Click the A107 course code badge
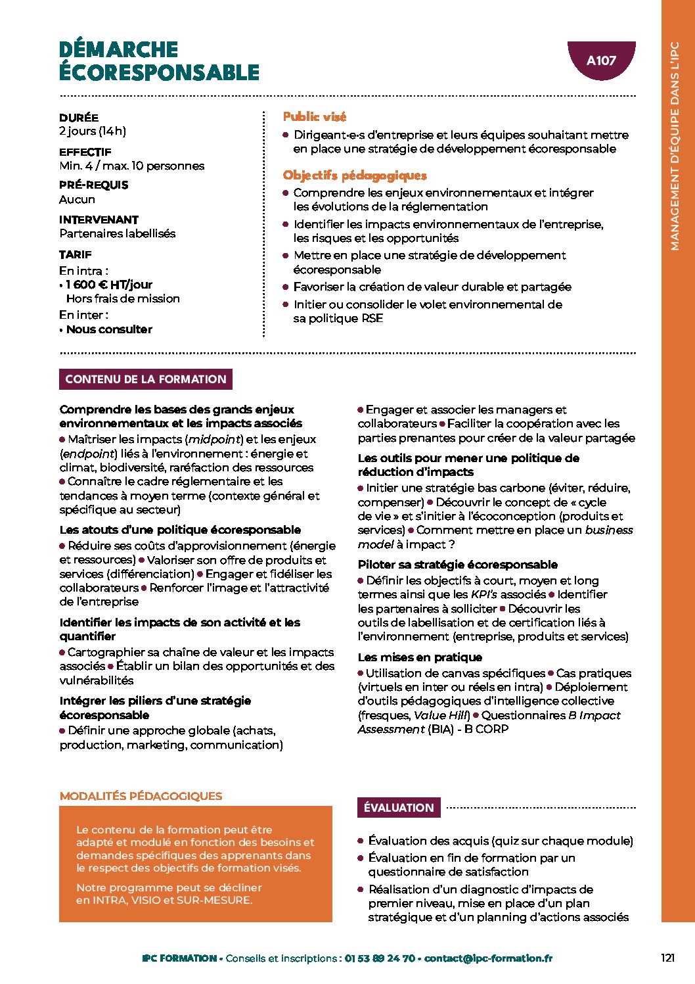point(601,60)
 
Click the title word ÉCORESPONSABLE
point(160,72)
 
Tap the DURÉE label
point(79,118)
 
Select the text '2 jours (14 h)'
point(93,131)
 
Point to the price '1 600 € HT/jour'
point(109,285)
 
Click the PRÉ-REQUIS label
point(94,185)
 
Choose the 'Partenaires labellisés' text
point(118,233)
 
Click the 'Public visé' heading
point(315,116)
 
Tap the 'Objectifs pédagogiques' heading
point(355,176)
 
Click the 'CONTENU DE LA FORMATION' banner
point(146,379)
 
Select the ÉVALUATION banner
point(399,808)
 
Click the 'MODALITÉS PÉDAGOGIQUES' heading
point(141,796)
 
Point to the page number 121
point(667,958)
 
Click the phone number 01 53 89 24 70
point(380,958)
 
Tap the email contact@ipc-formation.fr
point(488,958)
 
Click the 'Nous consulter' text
point(109,329)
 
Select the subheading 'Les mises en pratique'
point(420,657)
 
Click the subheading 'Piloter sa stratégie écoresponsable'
point(458,565)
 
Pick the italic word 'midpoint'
point(213,439)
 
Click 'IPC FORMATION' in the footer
point(179,958)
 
